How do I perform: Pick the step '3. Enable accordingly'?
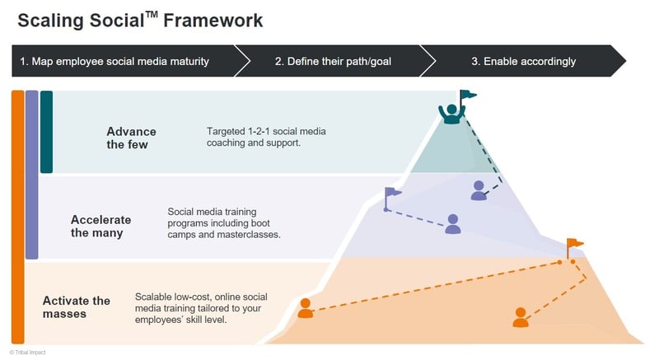point(523,61)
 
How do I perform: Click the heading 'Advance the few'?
point(131,138)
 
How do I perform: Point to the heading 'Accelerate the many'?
point(100,226)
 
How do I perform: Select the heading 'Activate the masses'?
point(77,306)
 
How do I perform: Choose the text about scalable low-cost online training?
point(201,307)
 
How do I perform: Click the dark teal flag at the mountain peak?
point(467,96)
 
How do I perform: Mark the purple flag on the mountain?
point(393,194)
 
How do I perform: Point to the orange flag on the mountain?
point(573,245)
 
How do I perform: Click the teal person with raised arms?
point(451,114)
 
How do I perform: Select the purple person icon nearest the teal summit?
point(479,190)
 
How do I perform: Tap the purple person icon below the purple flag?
point(452,223)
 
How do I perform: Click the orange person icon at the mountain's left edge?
point(306,308)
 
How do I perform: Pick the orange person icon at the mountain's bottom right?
point(520,317)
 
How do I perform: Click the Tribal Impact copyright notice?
point(27,352)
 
